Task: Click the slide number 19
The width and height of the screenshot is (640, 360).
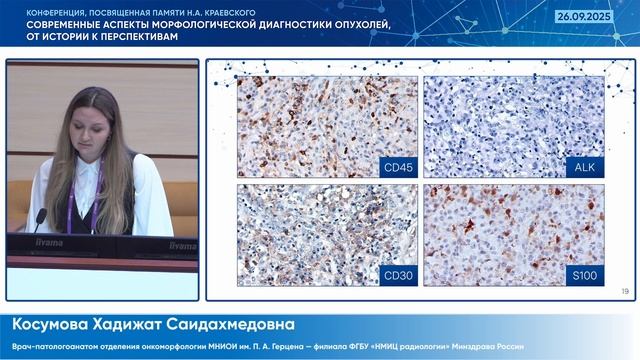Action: (625, 291)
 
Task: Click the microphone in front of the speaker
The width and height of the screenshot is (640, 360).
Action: (40, 217)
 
